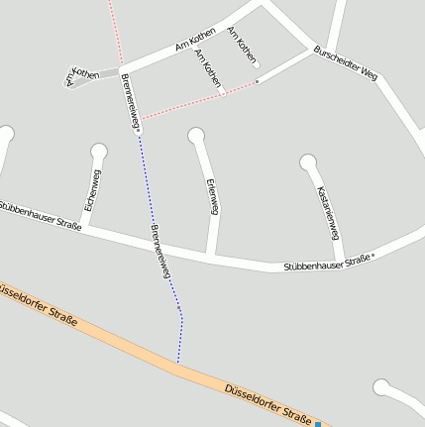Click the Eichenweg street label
pyautogui.click(x=91, y=190)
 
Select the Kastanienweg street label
pyautogui.click(x=329, y=212)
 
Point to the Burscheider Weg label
pyautogui.click(x=345, y=61)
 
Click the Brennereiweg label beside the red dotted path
pyautogui.click(x=129, y=102)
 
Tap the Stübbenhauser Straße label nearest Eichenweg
pyautogui.click(x=40, y=215)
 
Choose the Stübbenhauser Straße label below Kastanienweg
pyautogui.click(x=327, y=263)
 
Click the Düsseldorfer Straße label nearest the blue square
pyautogui.click(x=268, y=405)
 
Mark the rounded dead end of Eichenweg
pyautogui.click(x=98, y=151)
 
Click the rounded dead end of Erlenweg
pyautogui.click(x=196, y=136)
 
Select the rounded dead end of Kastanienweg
pyautogui.click(x=308, y=160)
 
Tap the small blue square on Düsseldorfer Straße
pyautogui.click(x=318, y=424)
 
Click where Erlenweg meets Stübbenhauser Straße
pyautogui.click(x=210, y=256)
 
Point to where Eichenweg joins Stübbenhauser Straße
pyautogui.click(x=83, y=229)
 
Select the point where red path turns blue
pyautogui.click(x=140, y=135)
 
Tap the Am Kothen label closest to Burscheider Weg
pyautogui.click(x=242, y=46)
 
